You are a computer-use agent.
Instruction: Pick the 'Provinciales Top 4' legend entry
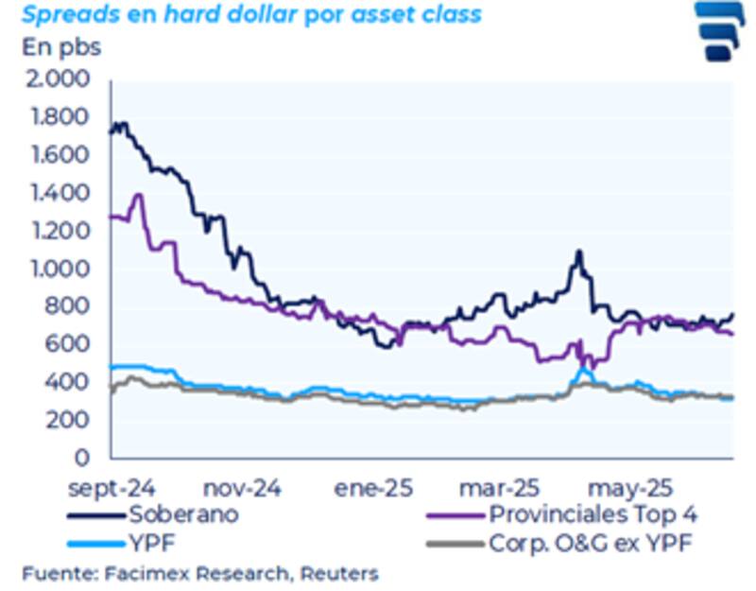tap(596, 515)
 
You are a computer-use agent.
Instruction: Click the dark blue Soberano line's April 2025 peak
tap(578, 252)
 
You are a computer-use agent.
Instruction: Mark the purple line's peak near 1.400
tap(140, 196)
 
